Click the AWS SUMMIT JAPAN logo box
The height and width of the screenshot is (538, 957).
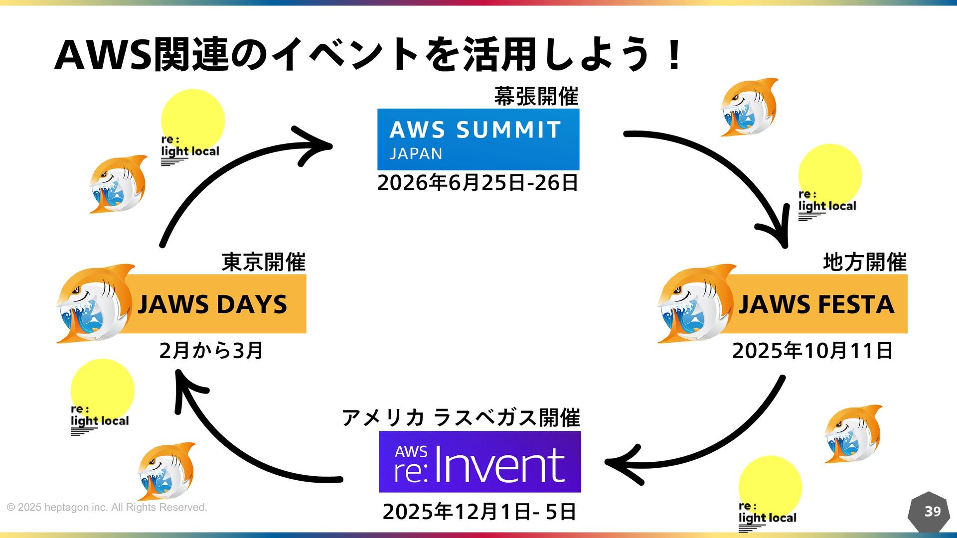[x=478, y=139]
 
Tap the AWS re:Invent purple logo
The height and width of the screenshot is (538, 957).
[x=479, y=462]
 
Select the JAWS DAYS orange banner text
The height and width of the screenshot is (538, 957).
[x=212, y=304]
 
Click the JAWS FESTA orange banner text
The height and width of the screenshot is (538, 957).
[x=816, y=304]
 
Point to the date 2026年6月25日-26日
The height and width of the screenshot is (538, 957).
[x=478, y=183]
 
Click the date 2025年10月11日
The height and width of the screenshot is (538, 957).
[x=812, y=351]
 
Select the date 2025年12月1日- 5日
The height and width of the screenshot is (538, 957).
[x=479, y=512]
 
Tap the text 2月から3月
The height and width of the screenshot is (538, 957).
[x=211, y=351]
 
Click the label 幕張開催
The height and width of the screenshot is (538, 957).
[x=536, y=96]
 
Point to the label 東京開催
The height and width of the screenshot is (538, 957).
[x=263, y=262]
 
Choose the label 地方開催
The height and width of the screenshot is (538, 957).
[x=864, y=262]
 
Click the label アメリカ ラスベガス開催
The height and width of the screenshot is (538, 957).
[x=461, y=417]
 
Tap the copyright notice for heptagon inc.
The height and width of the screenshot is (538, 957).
[x=107, y=508]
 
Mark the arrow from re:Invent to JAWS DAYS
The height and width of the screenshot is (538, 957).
[x=234, y=448]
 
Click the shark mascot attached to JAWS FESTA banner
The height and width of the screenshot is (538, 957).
[x=693, y=304]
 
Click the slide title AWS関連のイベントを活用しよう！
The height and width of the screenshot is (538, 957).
[x=369, y=54]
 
